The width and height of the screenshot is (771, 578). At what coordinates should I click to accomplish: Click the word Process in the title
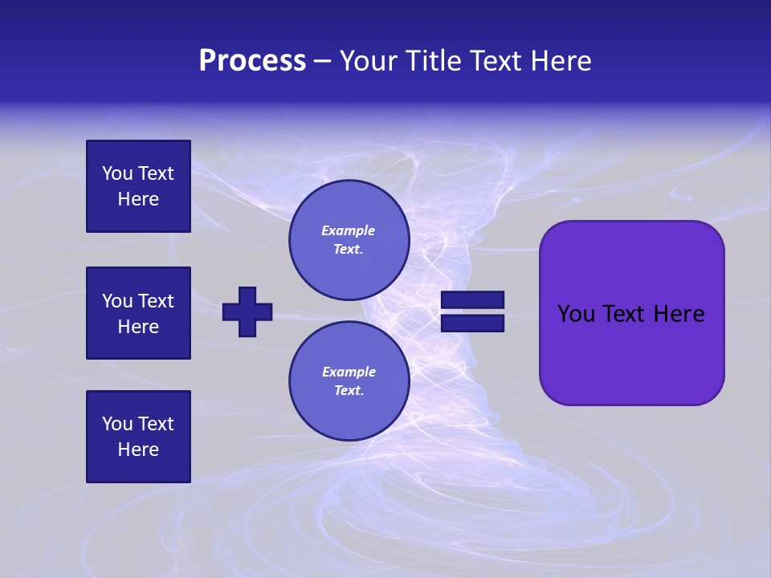(252, 61)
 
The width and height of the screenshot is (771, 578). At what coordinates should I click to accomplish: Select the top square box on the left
(138, 186)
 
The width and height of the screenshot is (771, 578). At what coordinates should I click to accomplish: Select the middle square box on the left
(138, 313)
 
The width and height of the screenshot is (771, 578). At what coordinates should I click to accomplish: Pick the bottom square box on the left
(138, 437)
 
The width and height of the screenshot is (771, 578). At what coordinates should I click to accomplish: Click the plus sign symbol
(247, 311)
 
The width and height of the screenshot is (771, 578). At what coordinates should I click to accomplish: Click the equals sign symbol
(472, 311)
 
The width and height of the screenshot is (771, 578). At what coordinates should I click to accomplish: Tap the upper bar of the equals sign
(472, 300)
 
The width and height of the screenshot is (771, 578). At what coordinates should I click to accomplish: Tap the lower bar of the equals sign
(472, 323)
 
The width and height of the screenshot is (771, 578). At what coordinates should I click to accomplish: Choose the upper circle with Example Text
(349, 240)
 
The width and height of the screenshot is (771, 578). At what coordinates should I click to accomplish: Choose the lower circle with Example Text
(349, 381)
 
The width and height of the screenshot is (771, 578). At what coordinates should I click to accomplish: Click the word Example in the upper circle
(349, 230)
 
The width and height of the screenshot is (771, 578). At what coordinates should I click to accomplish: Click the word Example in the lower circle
(349, 372)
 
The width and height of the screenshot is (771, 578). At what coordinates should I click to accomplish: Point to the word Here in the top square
(138, 199)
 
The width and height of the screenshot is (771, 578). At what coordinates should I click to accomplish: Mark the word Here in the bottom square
(138, 450)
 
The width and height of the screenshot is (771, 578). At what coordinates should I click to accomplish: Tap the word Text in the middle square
(156, 301)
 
